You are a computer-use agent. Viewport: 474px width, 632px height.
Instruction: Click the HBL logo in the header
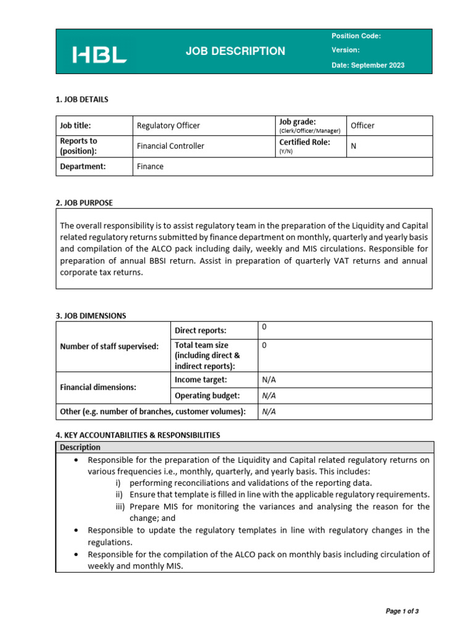pos(99,55)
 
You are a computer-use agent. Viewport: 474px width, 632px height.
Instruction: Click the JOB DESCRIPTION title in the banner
pos(235,51)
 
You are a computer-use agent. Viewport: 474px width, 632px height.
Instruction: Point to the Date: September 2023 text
pos(368,65)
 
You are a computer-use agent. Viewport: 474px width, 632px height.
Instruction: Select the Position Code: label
pos(356,36)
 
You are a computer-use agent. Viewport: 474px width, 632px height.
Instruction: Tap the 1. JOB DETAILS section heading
pos(82,99)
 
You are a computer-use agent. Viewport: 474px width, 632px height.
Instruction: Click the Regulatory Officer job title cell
pos(168,125)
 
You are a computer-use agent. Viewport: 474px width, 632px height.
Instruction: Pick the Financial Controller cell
pos(170,146)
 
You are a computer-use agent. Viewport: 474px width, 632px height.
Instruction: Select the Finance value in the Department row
pos(150,166)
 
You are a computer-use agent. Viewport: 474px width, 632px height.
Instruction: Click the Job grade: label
pos(297,122)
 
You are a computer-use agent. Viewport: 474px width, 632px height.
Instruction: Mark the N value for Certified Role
pos(354,146)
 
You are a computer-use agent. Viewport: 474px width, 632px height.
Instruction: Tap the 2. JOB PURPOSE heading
pos(85,202)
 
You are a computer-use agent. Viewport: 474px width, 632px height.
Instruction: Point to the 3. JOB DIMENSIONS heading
pos(91,315)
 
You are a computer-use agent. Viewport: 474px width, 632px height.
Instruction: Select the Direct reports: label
pos(201,330)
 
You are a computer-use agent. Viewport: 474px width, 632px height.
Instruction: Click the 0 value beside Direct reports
pos(265,326)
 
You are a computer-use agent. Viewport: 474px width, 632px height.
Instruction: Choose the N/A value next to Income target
pos(268,379)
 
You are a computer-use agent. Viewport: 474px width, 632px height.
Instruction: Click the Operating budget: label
pos(207,396)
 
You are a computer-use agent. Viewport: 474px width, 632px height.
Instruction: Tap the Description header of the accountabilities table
pos(80,447)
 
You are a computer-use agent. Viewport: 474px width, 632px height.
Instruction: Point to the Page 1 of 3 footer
pos(402,611)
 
